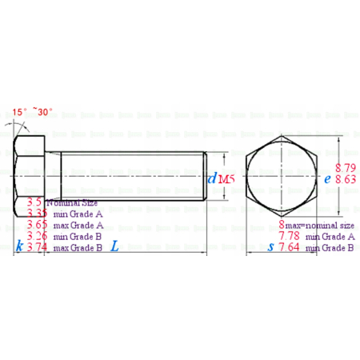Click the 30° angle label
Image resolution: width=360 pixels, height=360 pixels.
45,112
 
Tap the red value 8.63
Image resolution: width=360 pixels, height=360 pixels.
346,181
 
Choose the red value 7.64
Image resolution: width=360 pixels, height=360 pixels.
290,248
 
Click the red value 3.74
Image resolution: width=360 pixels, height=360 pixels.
36,248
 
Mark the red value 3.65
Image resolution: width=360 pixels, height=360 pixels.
36,226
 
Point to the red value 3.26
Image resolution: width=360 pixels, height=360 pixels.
36,237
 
